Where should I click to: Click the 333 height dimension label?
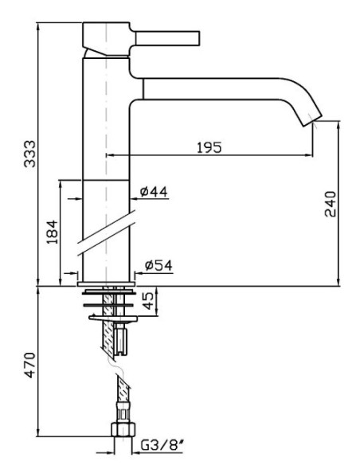[x=29, y=154]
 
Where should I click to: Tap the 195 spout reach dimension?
[x=209, y=147]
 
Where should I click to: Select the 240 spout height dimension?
[x=331, y=204]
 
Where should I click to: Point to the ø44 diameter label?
[x=154, y=192]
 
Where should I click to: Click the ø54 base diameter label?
[x=158, y=265]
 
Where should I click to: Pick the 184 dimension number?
[x=52, y=232]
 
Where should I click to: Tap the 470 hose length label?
[x=29, y=365]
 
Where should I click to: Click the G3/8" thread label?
[x=162, y=445]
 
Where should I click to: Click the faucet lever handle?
[x=167, y=38]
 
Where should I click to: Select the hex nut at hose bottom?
[x=123, y=429]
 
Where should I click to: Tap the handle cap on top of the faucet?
[x=106, y=39]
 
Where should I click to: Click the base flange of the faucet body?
[x=106, y=283]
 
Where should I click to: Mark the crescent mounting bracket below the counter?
[x=112, y=318]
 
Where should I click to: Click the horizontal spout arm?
[x=208, y=88]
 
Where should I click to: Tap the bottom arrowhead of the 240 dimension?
[x=339, y=283]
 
